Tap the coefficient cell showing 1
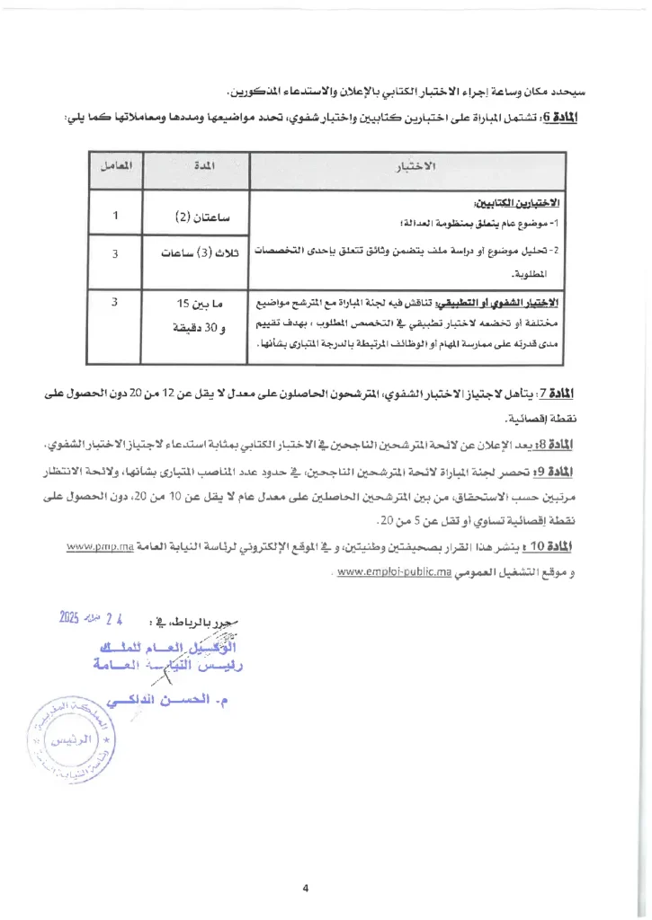click(116, 216)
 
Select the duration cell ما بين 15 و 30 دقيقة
click(200, 315)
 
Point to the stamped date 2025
click(70, 617)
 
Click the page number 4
click(306, 864)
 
